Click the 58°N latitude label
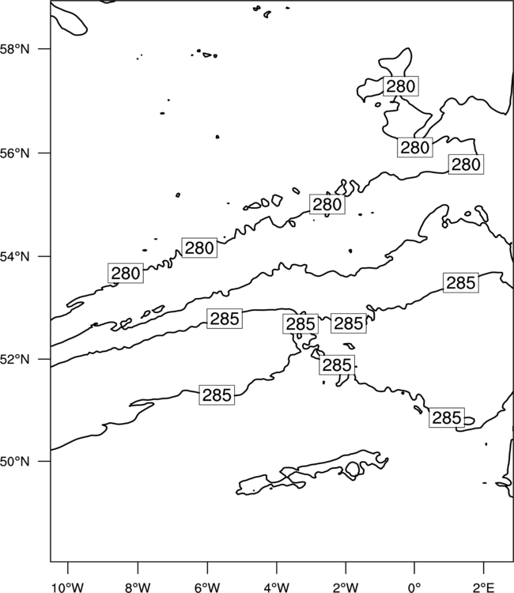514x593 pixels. (14, 49)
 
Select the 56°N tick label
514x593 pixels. (14, 153)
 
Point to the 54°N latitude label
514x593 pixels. (14, 257)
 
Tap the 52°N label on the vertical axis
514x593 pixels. (14, 359)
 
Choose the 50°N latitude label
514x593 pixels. (14, 462)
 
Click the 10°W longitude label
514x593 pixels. (68, 587)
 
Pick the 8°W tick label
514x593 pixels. (138, 587)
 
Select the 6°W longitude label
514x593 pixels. (207, 587)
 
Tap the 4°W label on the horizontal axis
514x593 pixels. (277, 587)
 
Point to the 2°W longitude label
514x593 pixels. (346, 587)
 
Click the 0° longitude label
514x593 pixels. (415, 587)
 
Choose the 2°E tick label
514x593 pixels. (484, 587)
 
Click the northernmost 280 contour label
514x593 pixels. (401, 86)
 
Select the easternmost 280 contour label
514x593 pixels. (466, 164)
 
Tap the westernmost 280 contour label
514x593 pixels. (126, 273)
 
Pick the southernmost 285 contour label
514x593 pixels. (447, 417)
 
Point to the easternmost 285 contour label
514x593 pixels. (461, 282)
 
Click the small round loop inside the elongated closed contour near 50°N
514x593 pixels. (353, 469)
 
